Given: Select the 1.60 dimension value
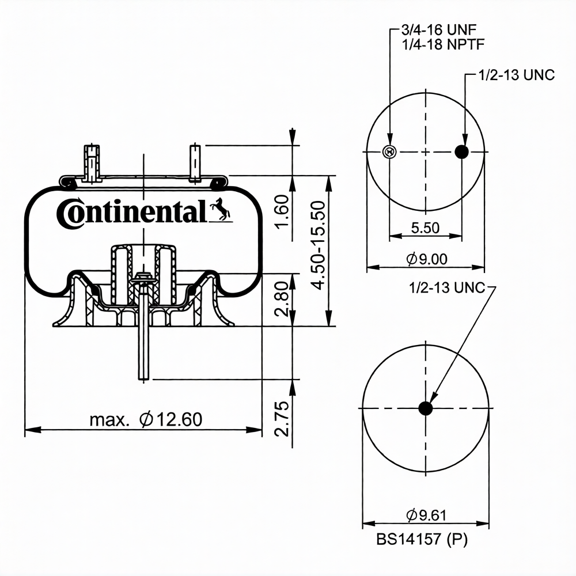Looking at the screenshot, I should [x=282, y=211].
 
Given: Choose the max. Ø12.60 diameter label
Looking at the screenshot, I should [x=146, y=419].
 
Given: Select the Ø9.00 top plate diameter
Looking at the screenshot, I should [x=426, y=259].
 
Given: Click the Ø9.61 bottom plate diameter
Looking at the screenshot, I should [x=426, y=515].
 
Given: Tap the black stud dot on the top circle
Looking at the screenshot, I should [x=463, y=151].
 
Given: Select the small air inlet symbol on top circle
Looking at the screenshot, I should [x=389, y=151].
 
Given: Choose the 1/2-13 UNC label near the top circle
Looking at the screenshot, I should [x=516, y=75].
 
